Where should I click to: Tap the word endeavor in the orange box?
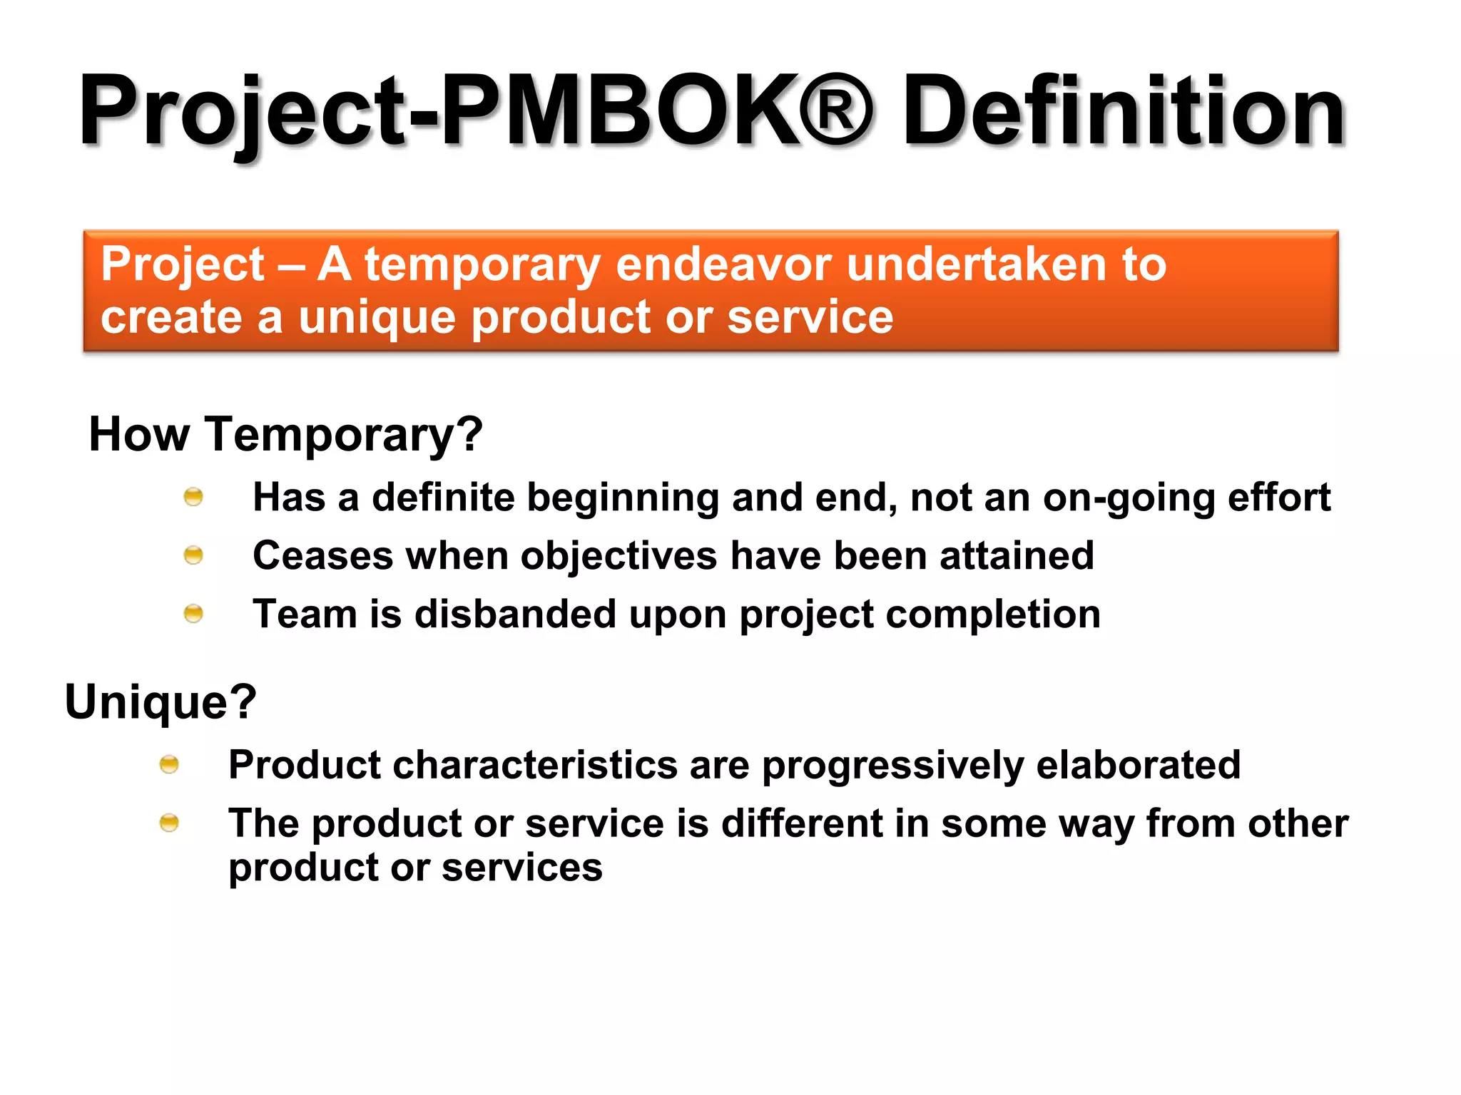click(x=723, y=264)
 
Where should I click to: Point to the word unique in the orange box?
click(x=377, y=318)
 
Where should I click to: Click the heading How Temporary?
click(x=286, y=434)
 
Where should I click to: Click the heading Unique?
click(x=161, y=701)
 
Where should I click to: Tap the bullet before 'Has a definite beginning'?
click(x=193, y=496)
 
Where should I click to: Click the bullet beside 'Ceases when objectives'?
click(x=193, y=555)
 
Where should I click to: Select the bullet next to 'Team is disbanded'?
click(x=193, y=613)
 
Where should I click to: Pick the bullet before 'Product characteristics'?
click(x=169, y=764)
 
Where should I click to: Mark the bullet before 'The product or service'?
click(x=169, y=823)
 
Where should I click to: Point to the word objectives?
click(x=618, y=556)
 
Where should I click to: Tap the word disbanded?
click(x=515, y=614)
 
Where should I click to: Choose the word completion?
click(x=992, y=615)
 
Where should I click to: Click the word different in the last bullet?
click(x=802, y=823)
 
